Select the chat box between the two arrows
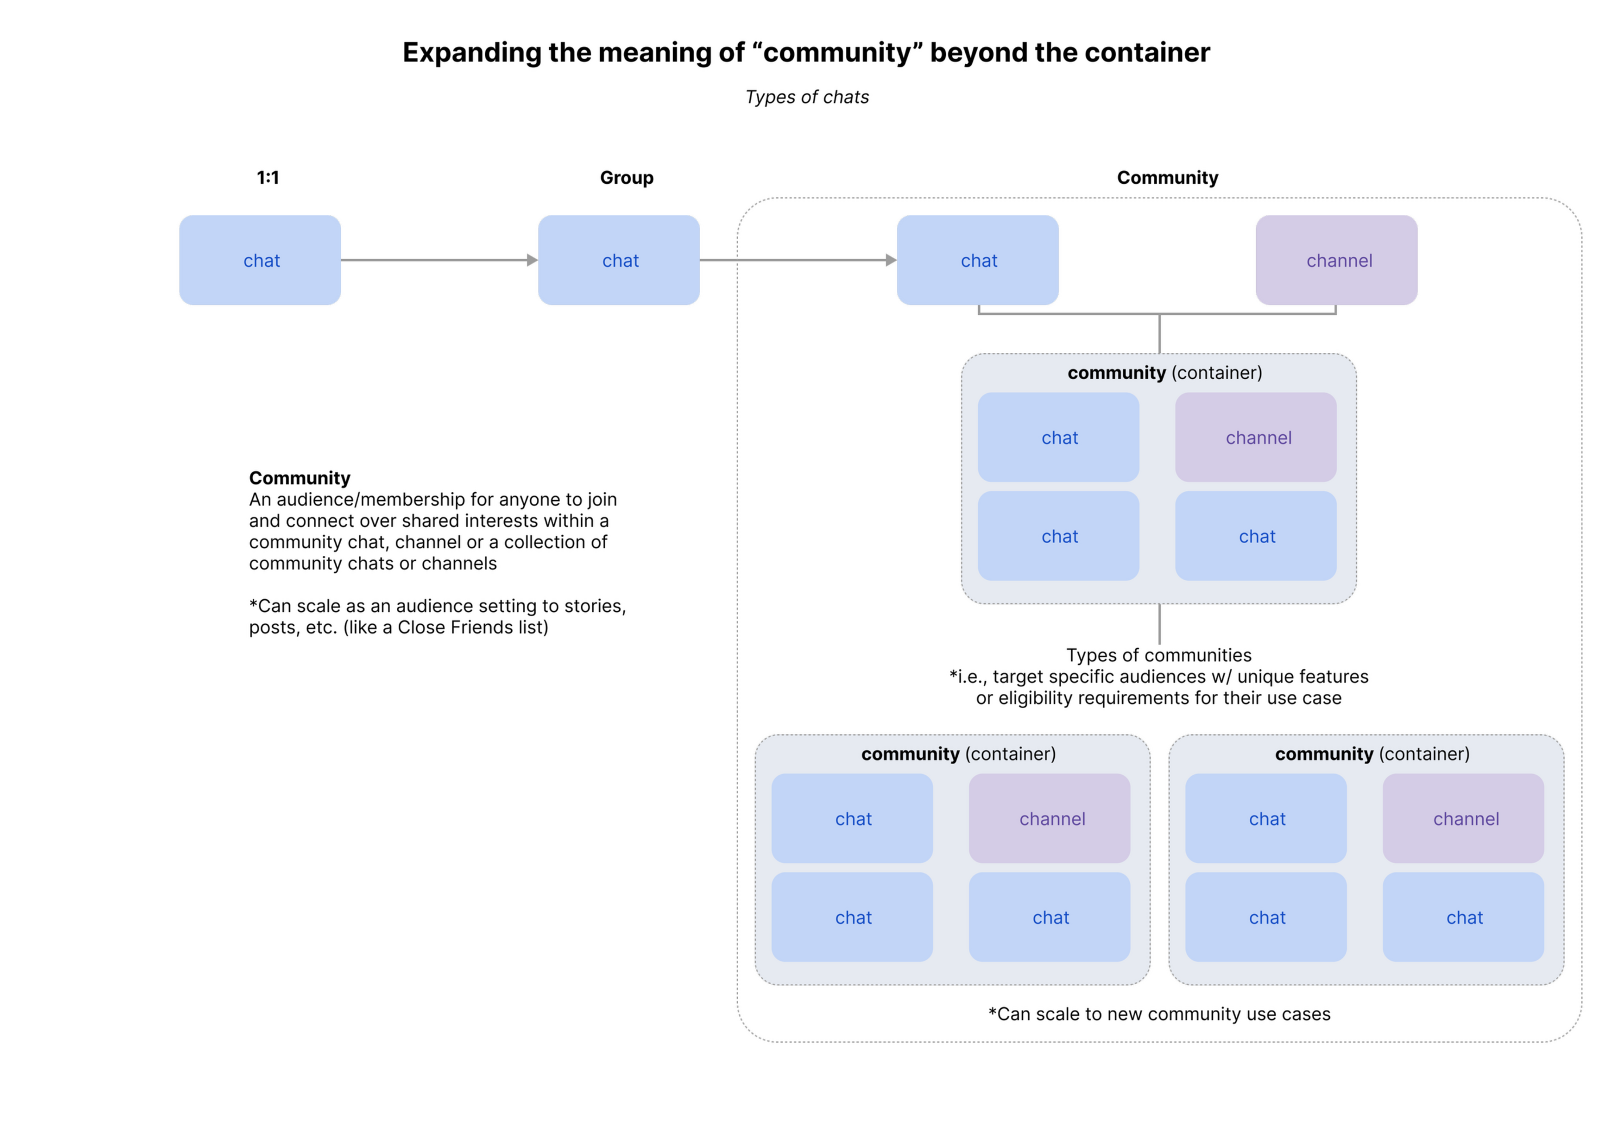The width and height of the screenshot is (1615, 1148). pyautogui.click(x=619, y=260)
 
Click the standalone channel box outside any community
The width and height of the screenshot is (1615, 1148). pyautogui.click(x=1336, y=260)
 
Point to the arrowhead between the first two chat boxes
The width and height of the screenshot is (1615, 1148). pyautogui.click(x=532, y=260)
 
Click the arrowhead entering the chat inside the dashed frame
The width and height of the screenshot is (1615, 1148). pyautogui.click(x=890, y=260)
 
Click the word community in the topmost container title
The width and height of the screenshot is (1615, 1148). pyautogui.click(x=1116, y=373)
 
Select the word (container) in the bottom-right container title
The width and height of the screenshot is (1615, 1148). pyautogui.click(x=1424, y=754)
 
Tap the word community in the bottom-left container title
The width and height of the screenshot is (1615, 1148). pyautogui.click(x=910, y=754)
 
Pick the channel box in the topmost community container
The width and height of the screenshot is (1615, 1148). pyautogui.click(x=1256, y=438)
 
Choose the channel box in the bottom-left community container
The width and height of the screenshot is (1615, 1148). pyautogui.click(x=1050, y=819)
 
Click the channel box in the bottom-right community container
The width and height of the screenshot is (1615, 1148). pyautogui.click(x=1463, y=819)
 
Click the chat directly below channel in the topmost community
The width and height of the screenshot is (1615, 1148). pyautogui.click(x=1256, y=536)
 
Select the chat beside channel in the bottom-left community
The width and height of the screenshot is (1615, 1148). pyautogui.click(x=852, y=819)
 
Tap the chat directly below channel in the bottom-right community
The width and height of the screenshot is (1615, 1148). pyautogui.click(x=1463, y=917)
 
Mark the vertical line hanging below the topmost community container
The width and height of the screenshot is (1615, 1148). pyautogui.click(x=1159, y=625)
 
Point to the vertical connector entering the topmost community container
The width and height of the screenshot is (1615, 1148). pyautogui.click(x=1159, y=334)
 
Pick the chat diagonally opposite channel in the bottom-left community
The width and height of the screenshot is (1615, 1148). pyautogui.click(x=852, y=917)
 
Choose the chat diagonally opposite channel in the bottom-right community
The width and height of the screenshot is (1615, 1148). pyautogui.click(x=1266, y=917)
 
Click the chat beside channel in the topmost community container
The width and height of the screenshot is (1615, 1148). pyautogui.click(x=1058, y=438)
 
